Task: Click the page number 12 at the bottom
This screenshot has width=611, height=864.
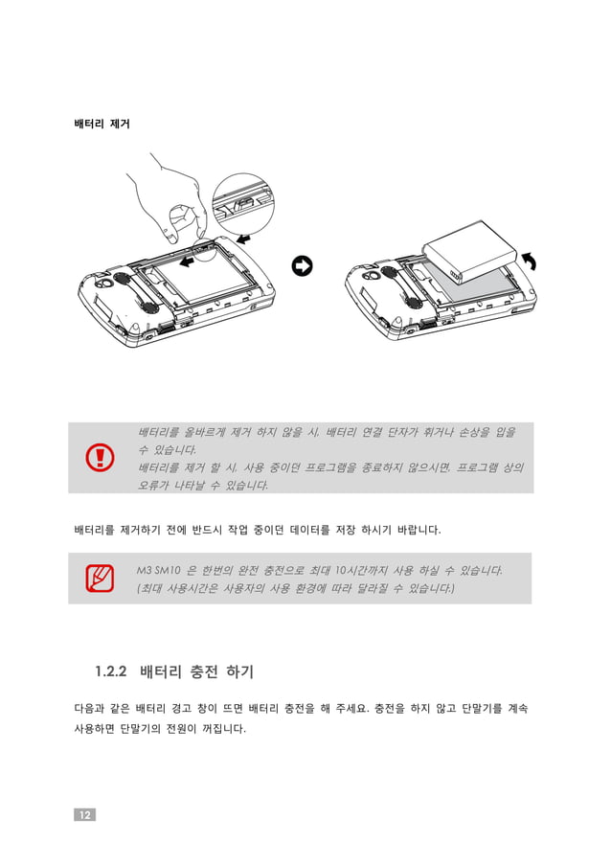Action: pos(84,814)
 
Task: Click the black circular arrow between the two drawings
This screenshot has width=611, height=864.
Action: pos(302,266)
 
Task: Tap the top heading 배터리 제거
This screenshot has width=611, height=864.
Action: pos(102,125)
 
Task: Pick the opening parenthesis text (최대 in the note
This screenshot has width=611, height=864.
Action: pos(152,587)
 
